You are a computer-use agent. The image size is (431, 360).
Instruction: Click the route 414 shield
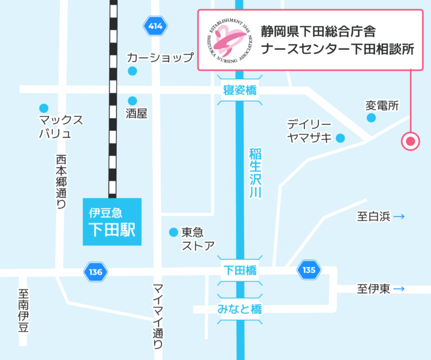[x=155, y=26]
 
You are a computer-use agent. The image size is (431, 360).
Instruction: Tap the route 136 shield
[x=95, y=272]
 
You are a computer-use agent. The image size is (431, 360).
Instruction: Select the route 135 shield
[x=309, y=271]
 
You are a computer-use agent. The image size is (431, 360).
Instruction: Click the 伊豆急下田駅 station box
[x=112, y=222]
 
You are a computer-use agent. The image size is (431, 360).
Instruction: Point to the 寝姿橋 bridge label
[x=239, y=91]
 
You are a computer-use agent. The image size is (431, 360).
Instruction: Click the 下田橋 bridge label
[x=240, y=271]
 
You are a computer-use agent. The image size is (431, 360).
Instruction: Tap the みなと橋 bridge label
[x=240, y=310]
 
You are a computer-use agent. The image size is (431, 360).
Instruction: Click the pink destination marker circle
[x=410, y=142]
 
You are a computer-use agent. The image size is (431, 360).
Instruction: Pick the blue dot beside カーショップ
[x=132, y=71]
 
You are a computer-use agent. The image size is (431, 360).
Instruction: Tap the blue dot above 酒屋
[x=132, y=100]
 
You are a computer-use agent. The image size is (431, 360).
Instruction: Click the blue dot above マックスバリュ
[x=43, y=107]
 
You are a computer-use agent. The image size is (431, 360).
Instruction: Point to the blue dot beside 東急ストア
[x=173, y=232]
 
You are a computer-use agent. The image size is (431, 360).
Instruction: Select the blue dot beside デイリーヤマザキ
[x=340, y=138]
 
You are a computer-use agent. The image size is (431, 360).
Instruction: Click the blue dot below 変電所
[x=372, y=118]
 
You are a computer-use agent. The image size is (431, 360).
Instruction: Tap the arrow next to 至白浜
[x=399, y=217]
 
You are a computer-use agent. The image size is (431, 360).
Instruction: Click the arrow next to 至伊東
[x=399, y=289]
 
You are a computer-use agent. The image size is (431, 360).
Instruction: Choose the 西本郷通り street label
[x=61, y=182]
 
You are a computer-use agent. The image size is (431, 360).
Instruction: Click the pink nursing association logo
[x=229, y=40]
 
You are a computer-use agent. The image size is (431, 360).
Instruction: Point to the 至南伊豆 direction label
[x=23, y=311]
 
